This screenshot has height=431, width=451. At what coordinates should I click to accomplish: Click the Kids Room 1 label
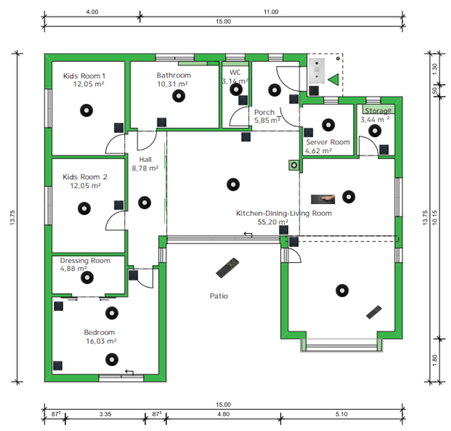pos(84,76)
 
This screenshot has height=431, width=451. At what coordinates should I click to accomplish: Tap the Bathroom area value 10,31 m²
pos(172,84)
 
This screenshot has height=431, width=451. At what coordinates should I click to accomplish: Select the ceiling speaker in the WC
pos(236,89)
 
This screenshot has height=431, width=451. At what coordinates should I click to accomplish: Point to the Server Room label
pos(328,142)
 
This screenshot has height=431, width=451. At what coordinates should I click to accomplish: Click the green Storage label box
pos(378,110)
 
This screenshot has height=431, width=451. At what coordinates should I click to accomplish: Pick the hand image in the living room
pos(323,199)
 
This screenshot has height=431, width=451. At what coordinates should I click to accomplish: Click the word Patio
pos(219,296)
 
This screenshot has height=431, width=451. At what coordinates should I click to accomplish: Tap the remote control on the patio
pos(227,268)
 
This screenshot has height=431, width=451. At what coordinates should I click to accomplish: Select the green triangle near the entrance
pos(333,80)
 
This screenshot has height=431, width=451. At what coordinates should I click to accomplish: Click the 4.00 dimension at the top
pos(93,12)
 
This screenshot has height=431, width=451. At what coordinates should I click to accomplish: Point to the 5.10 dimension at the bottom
pos(341,414)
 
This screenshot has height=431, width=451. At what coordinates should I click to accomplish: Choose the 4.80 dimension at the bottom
pos(223,414)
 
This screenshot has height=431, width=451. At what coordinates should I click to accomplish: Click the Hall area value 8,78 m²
pos(145,168)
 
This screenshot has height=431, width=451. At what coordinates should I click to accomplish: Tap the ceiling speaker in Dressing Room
pos(87,278)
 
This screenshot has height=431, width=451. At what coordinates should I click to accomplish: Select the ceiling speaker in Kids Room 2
pos(84,209)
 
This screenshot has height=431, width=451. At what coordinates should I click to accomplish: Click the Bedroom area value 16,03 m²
pos(101,341)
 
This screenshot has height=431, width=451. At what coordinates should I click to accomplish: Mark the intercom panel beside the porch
pos(317,71)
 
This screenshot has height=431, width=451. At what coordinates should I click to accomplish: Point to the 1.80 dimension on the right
pos(435,360)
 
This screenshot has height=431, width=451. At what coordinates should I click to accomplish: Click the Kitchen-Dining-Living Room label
pos(284,213)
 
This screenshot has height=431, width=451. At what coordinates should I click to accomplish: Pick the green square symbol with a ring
pos(294,165)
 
